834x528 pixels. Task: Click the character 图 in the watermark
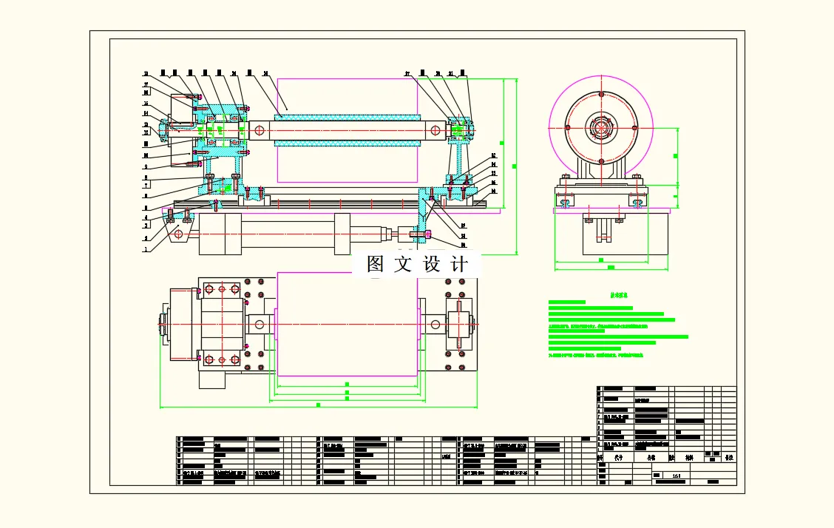pos(376,264)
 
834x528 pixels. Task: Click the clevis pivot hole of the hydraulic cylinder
pos(178,234)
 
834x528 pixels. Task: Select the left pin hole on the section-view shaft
pos(259,130)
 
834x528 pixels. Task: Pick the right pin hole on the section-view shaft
pos(436,130)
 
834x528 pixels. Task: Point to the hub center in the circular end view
pos(601,128)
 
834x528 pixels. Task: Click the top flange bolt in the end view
pos(601,94)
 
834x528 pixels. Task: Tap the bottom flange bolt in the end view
pos(601,161)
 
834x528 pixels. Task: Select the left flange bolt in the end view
pos(567,128)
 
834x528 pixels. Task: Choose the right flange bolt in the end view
pos(635,128)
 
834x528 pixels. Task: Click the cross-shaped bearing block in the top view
pos(459,323)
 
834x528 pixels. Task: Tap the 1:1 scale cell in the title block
pos(676,475)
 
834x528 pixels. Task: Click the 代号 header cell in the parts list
pos(618,458)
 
